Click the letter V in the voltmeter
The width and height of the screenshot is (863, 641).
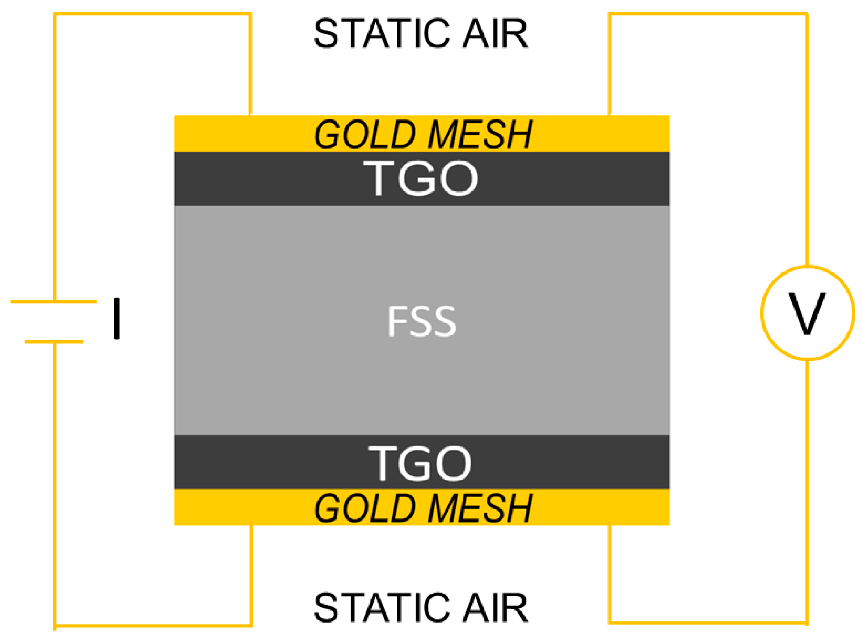(807, 313)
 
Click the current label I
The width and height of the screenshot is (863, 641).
(117, 318)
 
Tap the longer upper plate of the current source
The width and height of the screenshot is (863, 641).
(54, 301)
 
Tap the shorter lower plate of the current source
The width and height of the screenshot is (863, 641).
(54, 341)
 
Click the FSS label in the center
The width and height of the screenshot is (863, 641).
(421, 321)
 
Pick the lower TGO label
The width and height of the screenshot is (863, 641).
(420, 464)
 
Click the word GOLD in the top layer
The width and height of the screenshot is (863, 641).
(365, 134)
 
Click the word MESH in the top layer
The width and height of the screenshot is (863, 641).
(480, 134)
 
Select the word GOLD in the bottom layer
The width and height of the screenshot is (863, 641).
(365, 508)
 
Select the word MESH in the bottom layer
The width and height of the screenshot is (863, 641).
(480, 508)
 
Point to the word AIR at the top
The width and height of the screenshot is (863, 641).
(495, 34)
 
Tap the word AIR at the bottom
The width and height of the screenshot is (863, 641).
(495, 608)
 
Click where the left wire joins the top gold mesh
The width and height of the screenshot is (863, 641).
(250, 115)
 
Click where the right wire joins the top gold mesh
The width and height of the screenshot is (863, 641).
(610, 115)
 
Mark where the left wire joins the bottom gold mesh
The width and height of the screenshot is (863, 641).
(251, 526)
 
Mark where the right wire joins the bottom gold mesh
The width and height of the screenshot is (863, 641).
(610, 526)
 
